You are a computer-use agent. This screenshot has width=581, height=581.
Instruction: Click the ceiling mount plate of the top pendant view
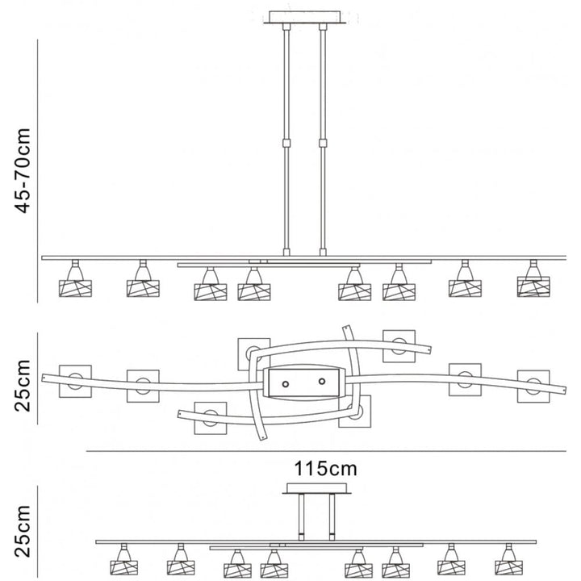coord(305,17)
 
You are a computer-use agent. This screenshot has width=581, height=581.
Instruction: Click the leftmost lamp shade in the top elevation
coord(75,286)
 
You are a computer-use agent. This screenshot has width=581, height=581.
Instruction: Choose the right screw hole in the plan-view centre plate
coord(321,380)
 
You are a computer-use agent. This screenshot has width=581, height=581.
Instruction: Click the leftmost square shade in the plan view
coord(75,380)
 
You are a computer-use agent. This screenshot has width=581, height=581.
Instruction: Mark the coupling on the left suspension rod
coord(286,144)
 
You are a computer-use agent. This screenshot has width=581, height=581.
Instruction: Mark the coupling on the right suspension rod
coord(324,144)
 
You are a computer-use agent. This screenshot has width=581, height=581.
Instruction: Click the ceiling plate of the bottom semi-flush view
coord(316,489)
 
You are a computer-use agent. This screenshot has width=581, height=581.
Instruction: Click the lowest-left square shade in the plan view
coord(210,418)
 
